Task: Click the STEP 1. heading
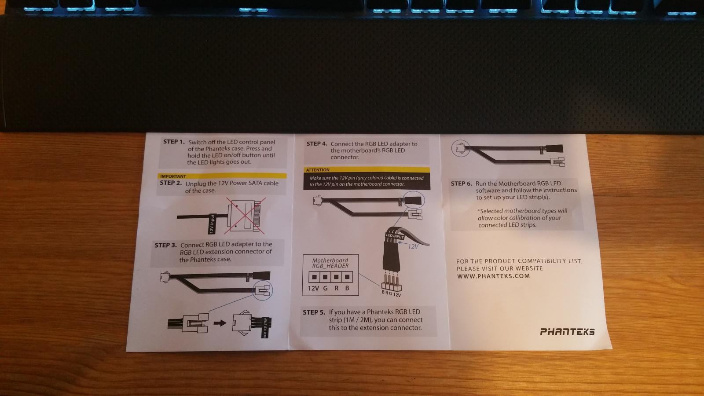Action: [x=174, y=142]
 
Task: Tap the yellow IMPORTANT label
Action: [x=173, y=176]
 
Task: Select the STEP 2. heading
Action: [x=171, y=183]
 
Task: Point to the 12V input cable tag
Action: [x=212, y=224]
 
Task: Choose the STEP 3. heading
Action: [x=165, y=245]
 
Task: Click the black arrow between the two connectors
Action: [x=220, y=323]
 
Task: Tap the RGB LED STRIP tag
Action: [x=266, y=328]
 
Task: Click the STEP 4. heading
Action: [x=317, y=143]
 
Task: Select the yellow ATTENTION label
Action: [x=318, y=170]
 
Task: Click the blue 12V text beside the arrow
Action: [x=413, y=246]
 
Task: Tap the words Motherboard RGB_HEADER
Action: [x=330, y=263]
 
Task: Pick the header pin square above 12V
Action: [x=314, y=277]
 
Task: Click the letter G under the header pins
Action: [x=325, y=288]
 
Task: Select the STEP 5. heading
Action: [x=314, y=312]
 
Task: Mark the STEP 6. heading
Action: [x=462, y=183]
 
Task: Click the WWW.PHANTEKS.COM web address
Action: [x=493, y=276]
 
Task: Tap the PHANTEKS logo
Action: [x=567, y=332]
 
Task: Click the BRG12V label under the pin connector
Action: [x=391, y=293]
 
